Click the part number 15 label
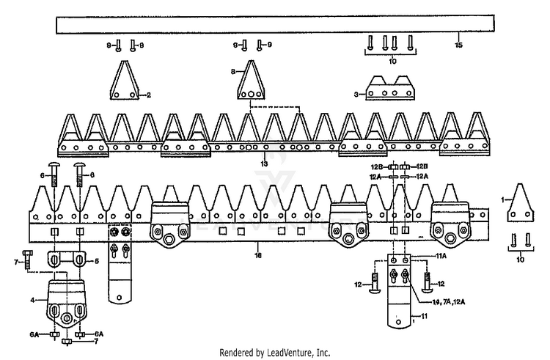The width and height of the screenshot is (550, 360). click(459, 45)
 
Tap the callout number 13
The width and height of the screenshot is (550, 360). click(264, 164)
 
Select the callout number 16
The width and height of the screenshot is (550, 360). click(258, 255)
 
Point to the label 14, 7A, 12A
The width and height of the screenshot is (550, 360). click(449, 302)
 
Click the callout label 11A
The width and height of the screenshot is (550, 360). click(441, 256)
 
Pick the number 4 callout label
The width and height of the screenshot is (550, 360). click(32, 300)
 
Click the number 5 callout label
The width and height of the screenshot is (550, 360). click(97, 261)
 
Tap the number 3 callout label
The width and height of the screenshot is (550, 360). click(356, 95)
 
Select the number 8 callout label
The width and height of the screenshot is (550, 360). click(232, 72)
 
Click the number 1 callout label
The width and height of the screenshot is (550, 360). click(502, 200)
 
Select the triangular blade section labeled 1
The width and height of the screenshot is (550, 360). click(520, 203)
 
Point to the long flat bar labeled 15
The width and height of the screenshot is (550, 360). click(275, 24)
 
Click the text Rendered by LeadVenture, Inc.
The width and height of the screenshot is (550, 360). click(275, 352)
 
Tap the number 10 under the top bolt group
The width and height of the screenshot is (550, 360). click(392, 62)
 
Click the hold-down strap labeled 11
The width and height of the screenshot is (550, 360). click(399, 291)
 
